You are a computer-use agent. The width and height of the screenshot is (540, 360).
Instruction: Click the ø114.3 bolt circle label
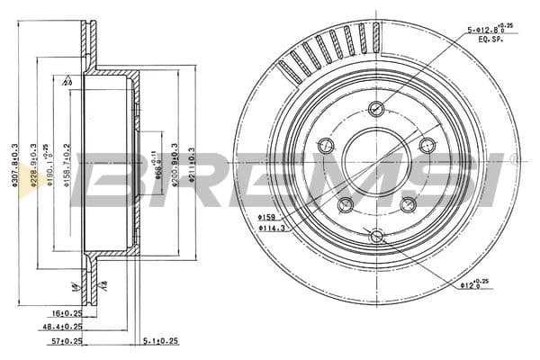point(273,228)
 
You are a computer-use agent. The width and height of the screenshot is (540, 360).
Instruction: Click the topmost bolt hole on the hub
point(376,110)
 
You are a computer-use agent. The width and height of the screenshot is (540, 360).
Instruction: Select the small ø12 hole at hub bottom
point(376,237)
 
